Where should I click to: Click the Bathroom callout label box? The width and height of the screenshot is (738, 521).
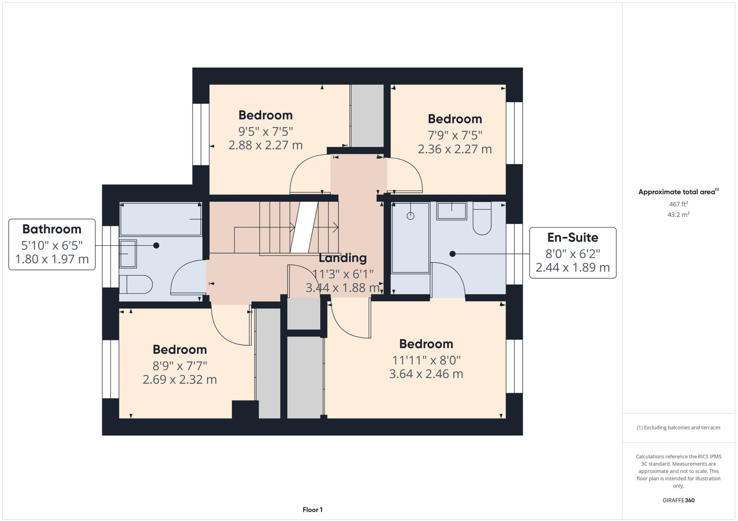pos(52,244)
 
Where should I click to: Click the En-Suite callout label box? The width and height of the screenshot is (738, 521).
pos(573,253)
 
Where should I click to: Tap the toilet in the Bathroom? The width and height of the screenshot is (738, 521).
pos(136,284)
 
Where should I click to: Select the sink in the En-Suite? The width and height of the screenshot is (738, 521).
pos(452,211)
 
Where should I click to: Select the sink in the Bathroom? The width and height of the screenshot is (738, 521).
pos(128,254)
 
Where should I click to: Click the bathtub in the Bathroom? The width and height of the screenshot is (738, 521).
pos(160,219)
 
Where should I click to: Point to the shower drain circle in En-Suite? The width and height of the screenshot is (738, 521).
pos(410,216)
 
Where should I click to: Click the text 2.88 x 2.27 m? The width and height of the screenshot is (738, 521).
pos(266,145)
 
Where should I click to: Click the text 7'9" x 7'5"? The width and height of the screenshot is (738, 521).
pos(455,135)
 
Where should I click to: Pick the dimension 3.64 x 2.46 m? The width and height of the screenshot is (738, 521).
pos(426,374)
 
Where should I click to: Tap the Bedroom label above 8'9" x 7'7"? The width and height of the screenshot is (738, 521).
pos(179,349)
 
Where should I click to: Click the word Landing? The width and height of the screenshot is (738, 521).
pos(343,258)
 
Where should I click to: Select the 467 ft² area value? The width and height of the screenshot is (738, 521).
pos(679,204)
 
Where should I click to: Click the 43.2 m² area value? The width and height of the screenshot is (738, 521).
pos(679,215)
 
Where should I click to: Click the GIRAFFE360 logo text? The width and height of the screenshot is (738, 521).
pos(679,500)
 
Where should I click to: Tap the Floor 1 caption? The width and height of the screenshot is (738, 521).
pos(312,510)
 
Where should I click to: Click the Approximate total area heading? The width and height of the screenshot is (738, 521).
pos(677,192)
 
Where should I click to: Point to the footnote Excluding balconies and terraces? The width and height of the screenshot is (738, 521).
pos(679,427)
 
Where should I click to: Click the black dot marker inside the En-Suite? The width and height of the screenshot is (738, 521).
pos(453,254)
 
